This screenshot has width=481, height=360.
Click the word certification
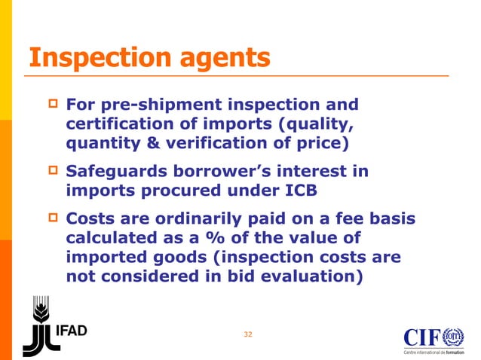[x=126, y=123]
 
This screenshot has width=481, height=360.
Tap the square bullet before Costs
[x=52, y=221]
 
